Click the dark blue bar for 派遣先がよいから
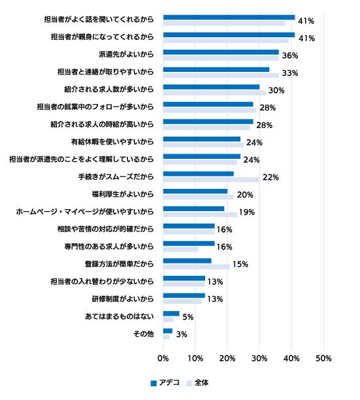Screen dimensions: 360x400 (x=221, y=52)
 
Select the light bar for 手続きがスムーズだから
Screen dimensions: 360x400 (x=211, y=180)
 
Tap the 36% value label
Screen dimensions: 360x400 (x=290, y=56)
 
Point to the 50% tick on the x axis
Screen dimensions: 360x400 (x=323, y=358)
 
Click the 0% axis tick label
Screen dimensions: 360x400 (x=163, y=358)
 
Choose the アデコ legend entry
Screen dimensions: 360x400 (x=165, y=383)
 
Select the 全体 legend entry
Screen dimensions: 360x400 (x=197, y=383)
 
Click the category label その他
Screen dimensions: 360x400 (x=144, y=334)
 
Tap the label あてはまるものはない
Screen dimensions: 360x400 (x=120, y=316)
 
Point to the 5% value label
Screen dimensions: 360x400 (x=188, y=317)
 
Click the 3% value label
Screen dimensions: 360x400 (x=182, y=335)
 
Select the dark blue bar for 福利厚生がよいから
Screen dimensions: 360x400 (x=195, y=192)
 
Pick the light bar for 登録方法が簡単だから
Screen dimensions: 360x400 (x=197, y=267)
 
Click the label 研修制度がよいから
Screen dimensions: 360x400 (x=123, y=299)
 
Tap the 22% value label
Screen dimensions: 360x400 (x=270, y=177)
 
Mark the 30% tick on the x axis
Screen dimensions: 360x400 (x=259, y=358)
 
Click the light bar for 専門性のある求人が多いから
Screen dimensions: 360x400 (x=181, y=250)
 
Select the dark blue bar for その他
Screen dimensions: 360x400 (x=168, y=331)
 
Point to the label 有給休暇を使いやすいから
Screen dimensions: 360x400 (x=112, y=142)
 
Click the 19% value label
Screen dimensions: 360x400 (x=247, y=212)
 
